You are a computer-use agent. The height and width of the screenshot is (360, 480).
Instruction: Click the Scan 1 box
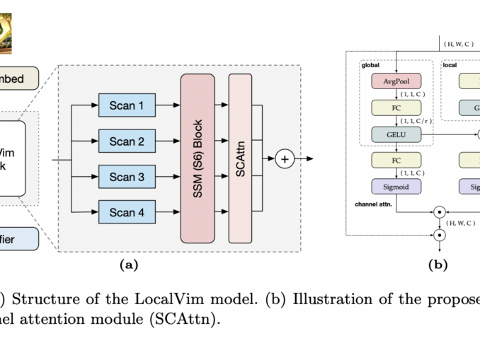[126, 106]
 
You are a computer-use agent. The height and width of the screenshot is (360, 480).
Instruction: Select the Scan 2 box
[126, 141]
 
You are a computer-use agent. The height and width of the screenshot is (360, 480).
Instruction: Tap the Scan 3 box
[126, 176]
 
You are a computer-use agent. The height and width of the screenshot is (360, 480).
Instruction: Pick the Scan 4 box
[126, 211]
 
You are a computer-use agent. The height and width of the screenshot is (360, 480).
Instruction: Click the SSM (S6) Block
[198, 158]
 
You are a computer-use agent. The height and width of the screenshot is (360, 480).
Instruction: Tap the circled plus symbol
[285, 159]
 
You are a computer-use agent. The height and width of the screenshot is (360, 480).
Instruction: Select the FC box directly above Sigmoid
[396, 160]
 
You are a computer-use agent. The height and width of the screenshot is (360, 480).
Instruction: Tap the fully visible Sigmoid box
[396, 187]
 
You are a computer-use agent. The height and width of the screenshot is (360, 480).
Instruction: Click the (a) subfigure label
[128, 265]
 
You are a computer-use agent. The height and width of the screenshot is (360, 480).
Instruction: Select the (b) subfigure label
[438, 265]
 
